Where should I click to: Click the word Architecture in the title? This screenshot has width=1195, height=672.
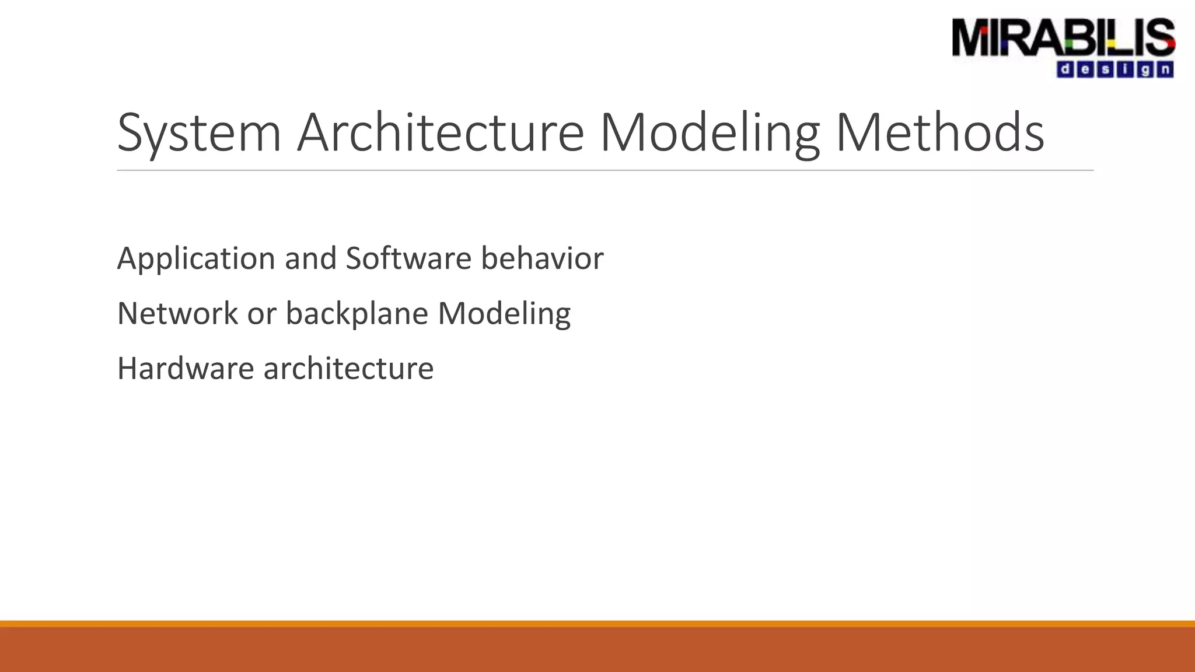click(x=441, y=133)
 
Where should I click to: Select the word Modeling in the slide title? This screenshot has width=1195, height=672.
click(x=710, y=133)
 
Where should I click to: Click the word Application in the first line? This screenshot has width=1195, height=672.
click(x=196, y=258)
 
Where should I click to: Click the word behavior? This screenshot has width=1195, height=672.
click(x=542, y=258)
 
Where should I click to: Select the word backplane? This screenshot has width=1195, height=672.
click(x=357, y=313)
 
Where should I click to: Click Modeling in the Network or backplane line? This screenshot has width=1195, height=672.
click(x=504, y=313)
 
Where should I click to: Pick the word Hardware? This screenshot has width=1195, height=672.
click(x=186, y=369)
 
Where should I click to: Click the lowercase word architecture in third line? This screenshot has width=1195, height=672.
click(x=348, y=369)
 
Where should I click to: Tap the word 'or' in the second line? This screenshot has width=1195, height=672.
click(x=261, y=313)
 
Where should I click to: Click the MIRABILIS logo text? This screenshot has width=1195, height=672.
click(x=1063, y=38)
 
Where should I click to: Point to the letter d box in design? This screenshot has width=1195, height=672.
click(x=1065, y=70)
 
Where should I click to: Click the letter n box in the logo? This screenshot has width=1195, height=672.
click(x=1165, y=70)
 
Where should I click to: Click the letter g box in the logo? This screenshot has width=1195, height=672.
click(x=1145, y=70)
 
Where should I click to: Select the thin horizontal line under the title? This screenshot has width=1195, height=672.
click(x=605, y=170)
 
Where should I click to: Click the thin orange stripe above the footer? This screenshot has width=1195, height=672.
click(x=597, y=624)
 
